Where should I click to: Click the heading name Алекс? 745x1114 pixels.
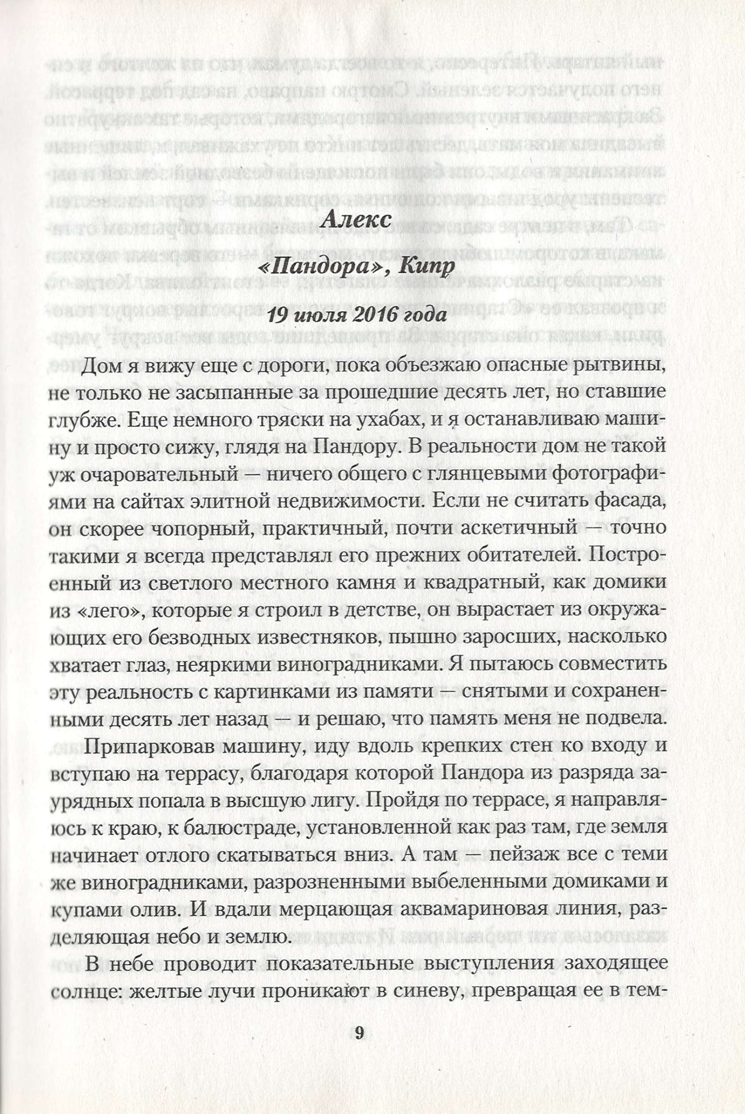(356, 220)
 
